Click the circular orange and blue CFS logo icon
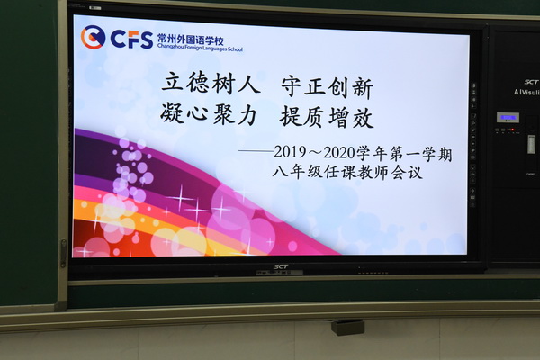[93, 37]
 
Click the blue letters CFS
[131, 40]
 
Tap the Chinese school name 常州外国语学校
[191, 40]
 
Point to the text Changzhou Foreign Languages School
[200, 48]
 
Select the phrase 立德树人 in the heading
[211, 83]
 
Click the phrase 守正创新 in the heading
[328, 88]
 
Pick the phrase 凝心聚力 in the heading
[209, 113]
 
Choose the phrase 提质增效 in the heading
[327, 118]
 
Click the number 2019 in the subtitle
[290, 151]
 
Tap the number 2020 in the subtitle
[339, 153]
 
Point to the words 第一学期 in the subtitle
[421, 154]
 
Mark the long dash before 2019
[256, 150]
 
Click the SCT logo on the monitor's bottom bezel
[281, 266]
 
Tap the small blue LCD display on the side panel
[508, 118]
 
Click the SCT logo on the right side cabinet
[531, 82]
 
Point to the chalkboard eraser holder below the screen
[347, 327]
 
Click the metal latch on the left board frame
[64, 254]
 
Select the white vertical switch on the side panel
[532, 144]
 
